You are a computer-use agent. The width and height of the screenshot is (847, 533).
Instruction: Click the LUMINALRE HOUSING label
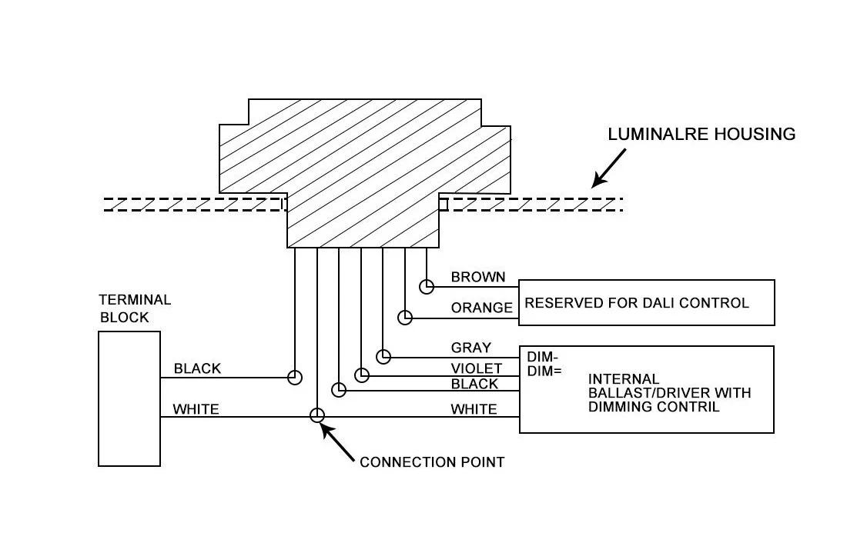pyautogui.click(x=701, y=135)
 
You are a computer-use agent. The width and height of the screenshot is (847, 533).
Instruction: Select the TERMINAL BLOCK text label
pyautogui.click(x=135, y=308)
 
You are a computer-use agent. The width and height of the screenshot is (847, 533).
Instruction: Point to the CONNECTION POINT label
pyautogui.click(x=432, y=462)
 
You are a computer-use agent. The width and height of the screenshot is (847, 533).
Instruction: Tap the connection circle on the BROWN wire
pyautogui.click(x=427, y=287)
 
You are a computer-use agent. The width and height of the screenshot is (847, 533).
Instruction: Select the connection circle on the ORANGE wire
pyautogui.click(x=405, y=317)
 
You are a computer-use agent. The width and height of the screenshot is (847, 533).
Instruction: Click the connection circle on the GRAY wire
pyautogui.click(x=383, y=357)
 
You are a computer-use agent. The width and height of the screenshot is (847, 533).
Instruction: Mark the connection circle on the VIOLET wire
pyautogui.click(x=362, y=375)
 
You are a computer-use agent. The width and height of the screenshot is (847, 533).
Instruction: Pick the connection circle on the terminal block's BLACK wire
pyautogui.click(x=295, y=378)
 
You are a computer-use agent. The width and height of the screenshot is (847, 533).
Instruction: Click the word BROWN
pyautogui.click(x=478, y=278)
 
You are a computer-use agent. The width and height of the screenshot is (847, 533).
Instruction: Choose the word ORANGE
pyautogui.click(x=482, y=308)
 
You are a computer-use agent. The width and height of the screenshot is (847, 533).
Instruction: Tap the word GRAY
pyautogui.click(x=470, y=348)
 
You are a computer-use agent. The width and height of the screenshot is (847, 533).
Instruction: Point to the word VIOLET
pyautogui.click(x=477, y=369)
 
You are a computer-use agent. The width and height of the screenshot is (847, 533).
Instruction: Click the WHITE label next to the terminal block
pyautogui.click(x=196, y=409)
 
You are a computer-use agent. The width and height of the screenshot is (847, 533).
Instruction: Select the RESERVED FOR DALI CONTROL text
pyautogui.click(x=637, y=303)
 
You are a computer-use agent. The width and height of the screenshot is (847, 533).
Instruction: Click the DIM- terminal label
pyautogui.click(x=543, y=358)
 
